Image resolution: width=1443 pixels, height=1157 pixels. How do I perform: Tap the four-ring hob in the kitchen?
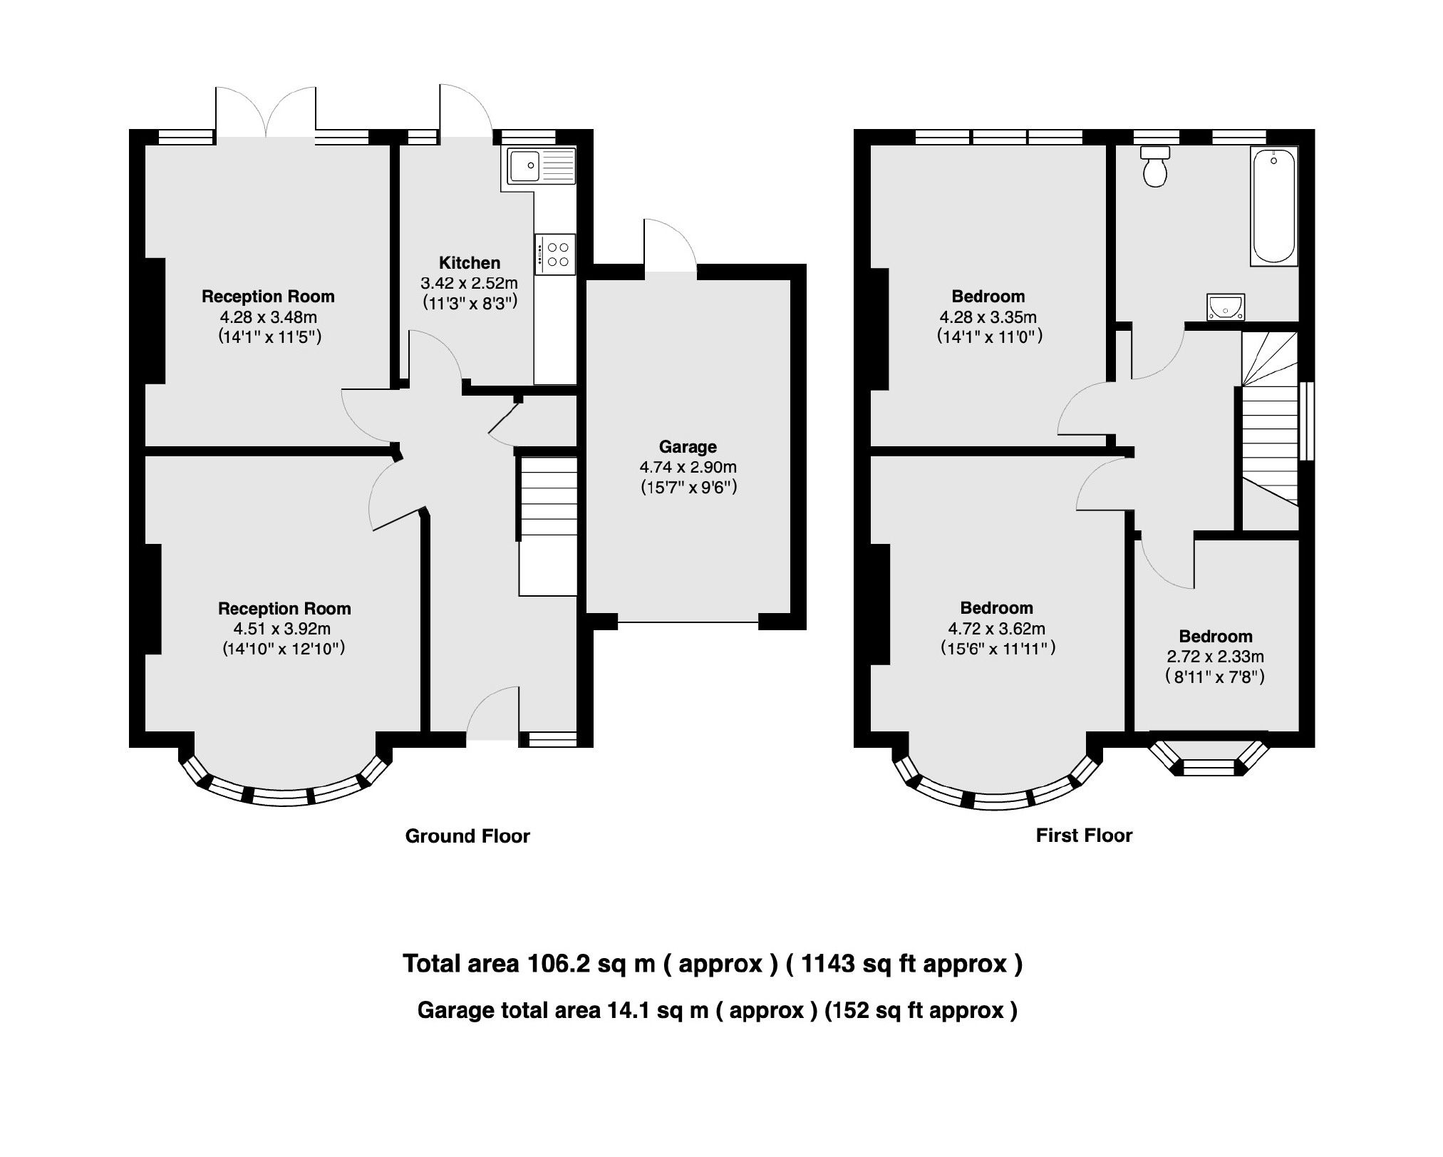coord(556,254)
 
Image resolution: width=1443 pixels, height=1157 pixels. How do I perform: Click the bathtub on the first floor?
coord(1273,206)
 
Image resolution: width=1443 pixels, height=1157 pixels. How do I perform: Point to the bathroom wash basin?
coord(1226,307)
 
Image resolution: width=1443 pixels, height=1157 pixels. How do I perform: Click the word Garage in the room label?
coord(687,447)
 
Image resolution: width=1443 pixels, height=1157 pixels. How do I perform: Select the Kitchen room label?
coord(469,262)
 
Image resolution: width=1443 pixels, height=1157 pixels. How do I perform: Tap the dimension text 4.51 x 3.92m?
coord(282,629)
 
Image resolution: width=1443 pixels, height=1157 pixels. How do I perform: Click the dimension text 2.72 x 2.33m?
coord(1216,657)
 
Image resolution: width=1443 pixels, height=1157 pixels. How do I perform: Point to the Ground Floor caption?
coord(467,836)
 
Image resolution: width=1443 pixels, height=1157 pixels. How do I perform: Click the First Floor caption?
coord(1083,835)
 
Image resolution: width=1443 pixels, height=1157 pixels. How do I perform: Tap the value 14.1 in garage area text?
coord(629,1011)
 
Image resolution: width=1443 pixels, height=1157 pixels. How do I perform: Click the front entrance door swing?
coord(493,713)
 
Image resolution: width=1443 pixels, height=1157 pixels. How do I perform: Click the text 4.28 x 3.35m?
coord(987,317)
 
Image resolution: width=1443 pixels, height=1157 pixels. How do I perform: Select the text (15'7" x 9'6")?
coord(687,488)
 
